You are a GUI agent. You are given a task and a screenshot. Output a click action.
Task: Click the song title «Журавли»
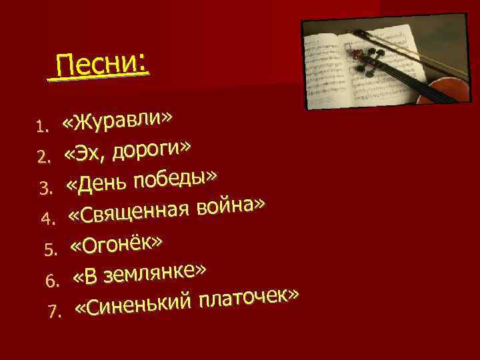[119, 119]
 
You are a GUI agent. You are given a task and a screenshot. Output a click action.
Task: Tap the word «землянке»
[159, 273]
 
